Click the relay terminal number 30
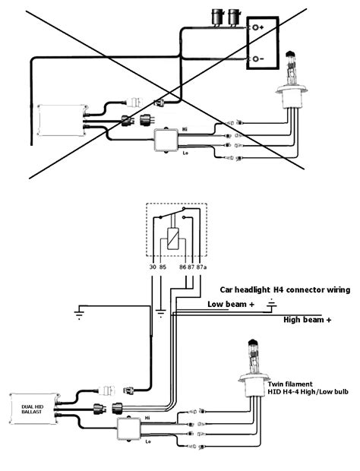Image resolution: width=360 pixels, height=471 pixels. [x=153, y=267]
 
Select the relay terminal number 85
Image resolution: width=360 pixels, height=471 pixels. [x=163, y=267]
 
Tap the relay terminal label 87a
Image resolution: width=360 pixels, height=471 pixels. [x=201, y=267]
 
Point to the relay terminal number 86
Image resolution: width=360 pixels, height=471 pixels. [x=182, y=267]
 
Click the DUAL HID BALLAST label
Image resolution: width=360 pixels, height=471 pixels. [x=32, y=409]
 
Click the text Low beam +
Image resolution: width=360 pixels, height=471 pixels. [x=231, y=305]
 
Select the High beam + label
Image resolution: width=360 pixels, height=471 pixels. [x=307, y=320]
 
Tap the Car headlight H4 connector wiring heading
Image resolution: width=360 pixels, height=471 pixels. [x=285, y=290]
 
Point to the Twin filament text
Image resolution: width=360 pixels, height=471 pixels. [x=290, y=384]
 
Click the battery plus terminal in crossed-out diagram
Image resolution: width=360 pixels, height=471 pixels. [x=255, y=27]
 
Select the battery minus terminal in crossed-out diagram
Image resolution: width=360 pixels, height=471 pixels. [x=255, y=59]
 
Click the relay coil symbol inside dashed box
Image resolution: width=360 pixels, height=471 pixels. [x=173, y=239]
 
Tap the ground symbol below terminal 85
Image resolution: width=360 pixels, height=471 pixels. [x=161, y=313]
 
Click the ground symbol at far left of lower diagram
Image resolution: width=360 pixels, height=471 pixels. [x=79, y=315]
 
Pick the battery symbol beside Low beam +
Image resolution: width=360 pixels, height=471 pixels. [x=272, y=304]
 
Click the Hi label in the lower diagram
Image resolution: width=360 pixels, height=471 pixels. [x=147, y=418]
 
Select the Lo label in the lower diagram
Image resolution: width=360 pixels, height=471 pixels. [x=148, y=441]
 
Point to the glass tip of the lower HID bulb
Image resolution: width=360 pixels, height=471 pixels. [x=252, y=343]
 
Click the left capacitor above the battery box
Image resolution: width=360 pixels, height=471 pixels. [x=216, y=17]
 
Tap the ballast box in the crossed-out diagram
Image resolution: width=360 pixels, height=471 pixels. [x=62, y=120]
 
